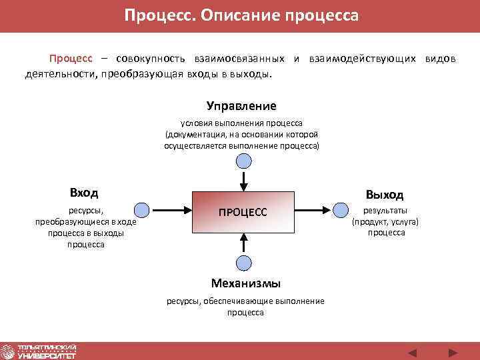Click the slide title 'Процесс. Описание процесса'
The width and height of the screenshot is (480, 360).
241,15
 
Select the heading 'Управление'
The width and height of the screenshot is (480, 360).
241,106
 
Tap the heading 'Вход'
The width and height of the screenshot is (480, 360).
84,193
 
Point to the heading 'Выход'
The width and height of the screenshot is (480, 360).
384,194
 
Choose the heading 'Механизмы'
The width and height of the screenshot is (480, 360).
245,283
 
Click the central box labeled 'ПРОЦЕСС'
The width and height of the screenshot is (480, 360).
243,211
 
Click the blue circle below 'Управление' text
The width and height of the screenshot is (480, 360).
245,161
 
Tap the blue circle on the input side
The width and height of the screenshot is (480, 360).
141,210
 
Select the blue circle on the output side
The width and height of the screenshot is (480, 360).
341,211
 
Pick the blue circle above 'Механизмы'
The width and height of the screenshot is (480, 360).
245,263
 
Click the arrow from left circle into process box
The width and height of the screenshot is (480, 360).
170,210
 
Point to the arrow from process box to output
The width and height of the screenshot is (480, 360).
313,211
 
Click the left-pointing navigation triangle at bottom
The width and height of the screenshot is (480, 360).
412,352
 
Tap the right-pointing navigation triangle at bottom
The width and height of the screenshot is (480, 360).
453,352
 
